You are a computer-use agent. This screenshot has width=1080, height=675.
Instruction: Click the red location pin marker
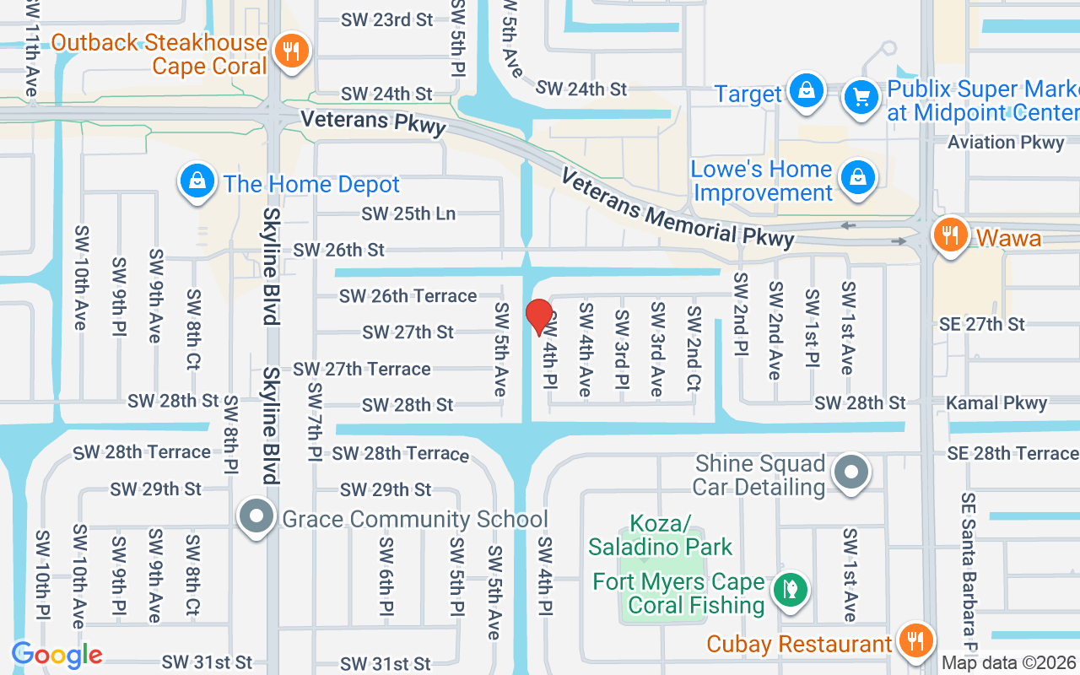click(x=538, y=316)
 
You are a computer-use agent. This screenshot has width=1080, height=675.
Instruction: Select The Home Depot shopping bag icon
click(x=197, y=181)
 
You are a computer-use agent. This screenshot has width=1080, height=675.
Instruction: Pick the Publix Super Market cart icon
click(x=861, y=97)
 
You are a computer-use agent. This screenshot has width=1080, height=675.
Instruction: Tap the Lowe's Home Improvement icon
click(x=858, y=177)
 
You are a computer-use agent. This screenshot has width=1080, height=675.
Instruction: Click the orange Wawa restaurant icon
click(x=951, y=235)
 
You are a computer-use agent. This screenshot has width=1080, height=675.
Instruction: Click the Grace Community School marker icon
click(x=256, y=516)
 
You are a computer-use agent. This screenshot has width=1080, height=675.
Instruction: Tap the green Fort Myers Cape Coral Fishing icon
click(x=791, y=590)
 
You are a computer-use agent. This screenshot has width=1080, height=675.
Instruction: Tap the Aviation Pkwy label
click(x=1006, y=142)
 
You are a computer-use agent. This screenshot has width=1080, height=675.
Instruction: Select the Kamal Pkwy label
click(x=996, y=403)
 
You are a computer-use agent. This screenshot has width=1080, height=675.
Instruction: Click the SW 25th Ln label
click(x=408, y=213)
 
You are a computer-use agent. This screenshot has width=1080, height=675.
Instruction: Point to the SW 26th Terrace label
click(x=408, y=296)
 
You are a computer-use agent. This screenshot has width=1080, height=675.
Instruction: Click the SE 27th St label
click(x=983, y=324)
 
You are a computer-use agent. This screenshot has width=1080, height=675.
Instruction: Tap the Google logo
click(x=57, y=655)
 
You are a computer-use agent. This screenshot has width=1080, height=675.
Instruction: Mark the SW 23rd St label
click(x=387, y=19)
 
